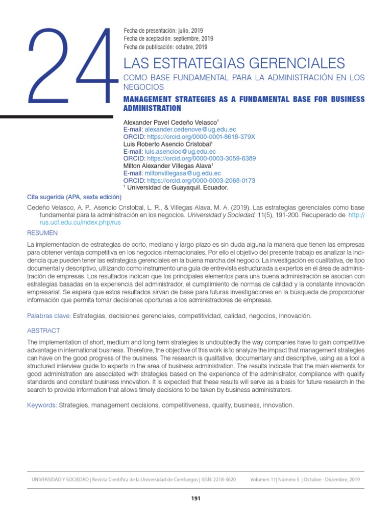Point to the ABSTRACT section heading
(43, 330)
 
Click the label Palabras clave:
(49, 316)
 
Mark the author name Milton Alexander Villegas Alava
(167, 167)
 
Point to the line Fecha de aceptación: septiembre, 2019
(168, 39)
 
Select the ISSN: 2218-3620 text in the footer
(216, 480)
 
